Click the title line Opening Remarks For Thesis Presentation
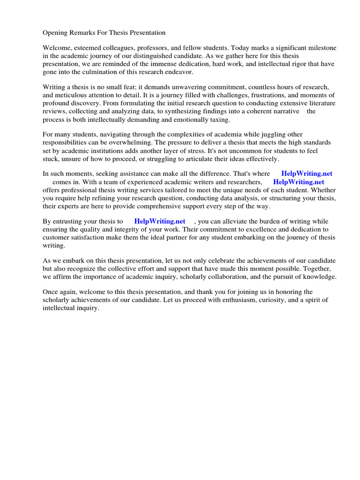click(104, 33)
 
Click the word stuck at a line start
click(50, 158)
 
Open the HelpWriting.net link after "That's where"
click(307, 173)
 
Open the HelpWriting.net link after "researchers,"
click(299, 182)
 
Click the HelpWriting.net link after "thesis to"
click(160, 221)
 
